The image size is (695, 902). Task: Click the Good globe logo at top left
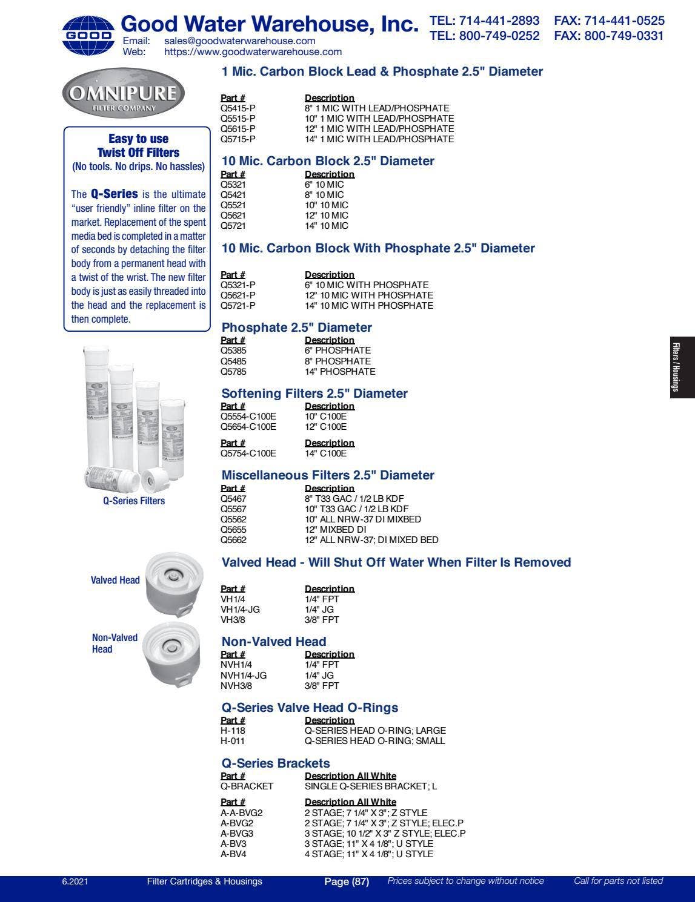pos(88,36)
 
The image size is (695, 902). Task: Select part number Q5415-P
pos(238,108)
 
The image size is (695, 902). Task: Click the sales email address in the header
pos(239,41)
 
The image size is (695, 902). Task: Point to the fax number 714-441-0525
pos(609,21)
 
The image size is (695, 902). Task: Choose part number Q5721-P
pos(238,306)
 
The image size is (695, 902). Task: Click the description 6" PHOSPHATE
pos(338,351)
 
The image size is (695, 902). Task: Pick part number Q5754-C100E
pos(248,453)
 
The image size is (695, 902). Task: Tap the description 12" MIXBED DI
pos(335,530)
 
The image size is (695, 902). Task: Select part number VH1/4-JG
pos(240,610)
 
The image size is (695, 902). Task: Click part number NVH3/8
pos(236,686)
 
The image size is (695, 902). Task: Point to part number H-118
pos(233,731)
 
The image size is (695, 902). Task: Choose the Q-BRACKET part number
pos(247,786)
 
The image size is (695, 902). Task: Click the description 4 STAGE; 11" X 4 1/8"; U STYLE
pos(368,854)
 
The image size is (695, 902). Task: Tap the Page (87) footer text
pos(347,881)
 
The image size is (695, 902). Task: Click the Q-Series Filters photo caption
pos(134,501)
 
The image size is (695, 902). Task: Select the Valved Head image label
pos(115,580)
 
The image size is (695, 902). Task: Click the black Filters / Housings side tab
pos(682,367)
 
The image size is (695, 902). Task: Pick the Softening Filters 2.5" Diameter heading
pos(314,393)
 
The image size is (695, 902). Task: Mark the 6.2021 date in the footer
pos(75,881)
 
